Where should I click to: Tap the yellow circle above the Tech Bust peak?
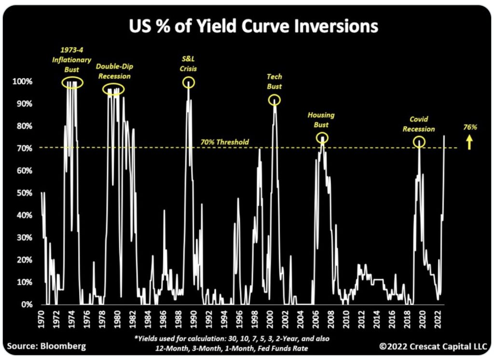click(274, 100)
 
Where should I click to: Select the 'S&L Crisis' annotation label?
click(188, 63)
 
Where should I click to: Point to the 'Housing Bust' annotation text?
click(321, 120)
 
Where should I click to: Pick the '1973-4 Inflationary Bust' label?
click(72, 60)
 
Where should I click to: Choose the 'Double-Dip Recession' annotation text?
click(113, 71)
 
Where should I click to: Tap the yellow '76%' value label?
click(469, 127)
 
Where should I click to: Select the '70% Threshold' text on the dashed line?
click(224, 142)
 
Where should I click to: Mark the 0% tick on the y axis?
click(26, 305)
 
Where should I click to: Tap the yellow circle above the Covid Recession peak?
click(419, 141)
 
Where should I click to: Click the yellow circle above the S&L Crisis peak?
click(188, 83)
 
